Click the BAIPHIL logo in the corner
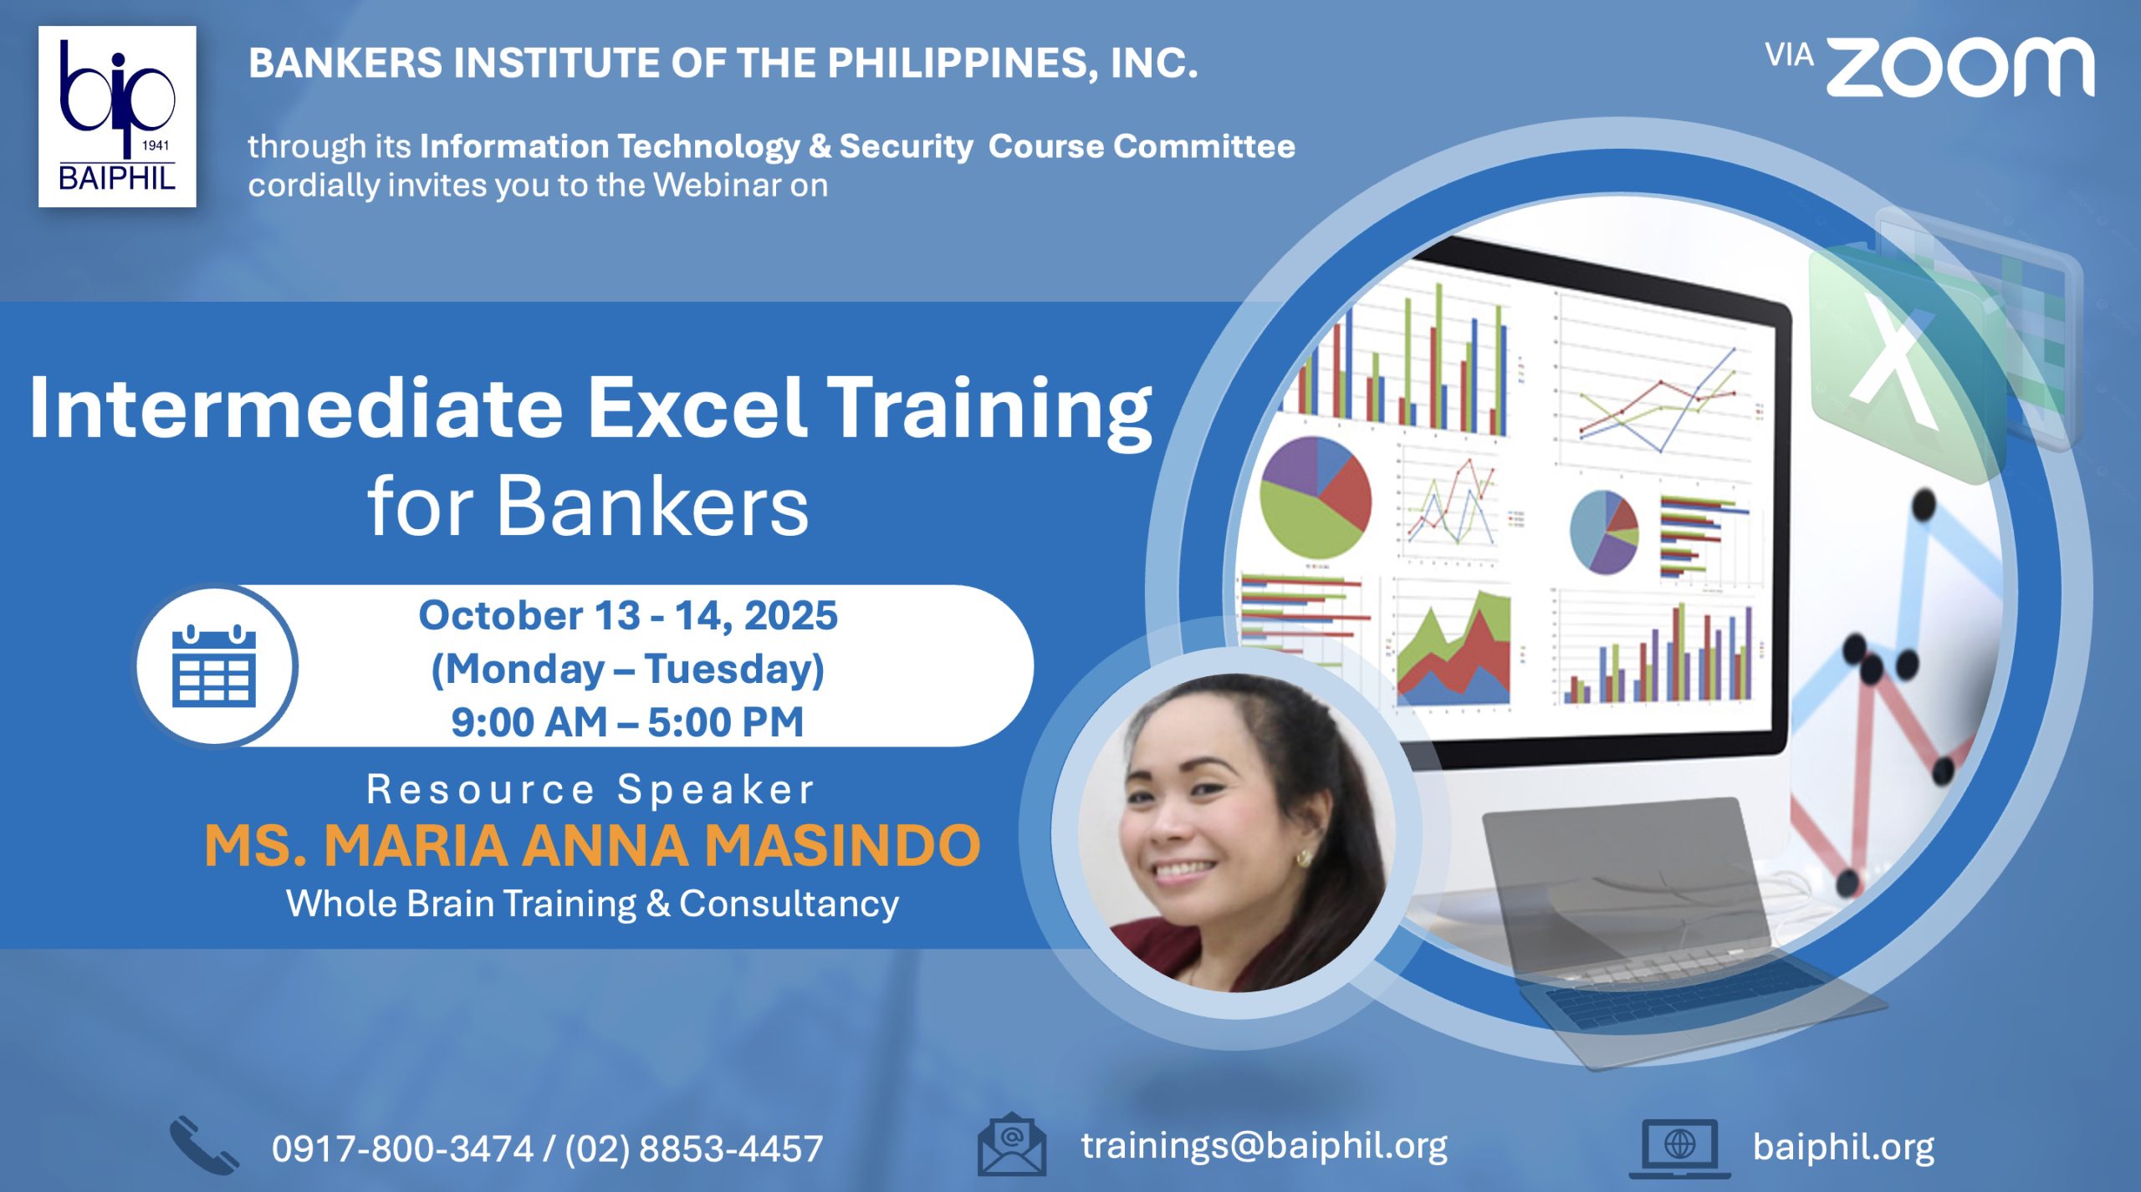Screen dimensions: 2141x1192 (x=117, y=116)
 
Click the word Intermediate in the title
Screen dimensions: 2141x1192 (x=296, y=407)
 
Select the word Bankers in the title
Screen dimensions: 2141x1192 (x=653, y=506)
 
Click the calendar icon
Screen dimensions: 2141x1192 (x=214, y=665)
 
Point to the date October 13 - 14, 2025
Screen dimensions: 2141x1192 (x=628, y=615)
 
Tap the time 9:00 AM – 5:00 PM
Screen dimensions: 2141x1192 (x=627, y=722)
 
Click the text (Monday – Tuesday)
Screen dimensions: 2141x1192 (x=627, y=669)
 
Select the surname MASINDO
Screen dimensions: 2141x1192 (x=842, y=846)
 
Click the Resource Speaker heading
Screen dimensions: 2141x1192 (x=590, y=790)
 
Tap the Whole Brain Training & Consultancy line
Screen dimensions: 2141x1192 (x=592, y=904)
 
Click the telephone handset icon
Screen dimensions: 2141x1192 (x=203, y=1145)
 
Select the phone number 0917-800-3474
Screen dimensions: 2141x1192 (x=402, y=1149)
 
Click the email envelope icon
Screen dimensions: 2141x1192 (x=1012, y=1144)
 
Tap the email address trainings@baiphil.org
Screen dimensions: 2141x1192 (x=1264, y=1146)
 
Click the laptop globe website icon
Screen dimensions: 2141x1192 (x=1679, y=1148)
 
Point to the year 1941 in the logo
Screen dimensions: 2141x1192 (x=156, y=145)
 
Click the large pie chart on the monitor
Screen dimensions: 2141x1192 (x=1316, y=497)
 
